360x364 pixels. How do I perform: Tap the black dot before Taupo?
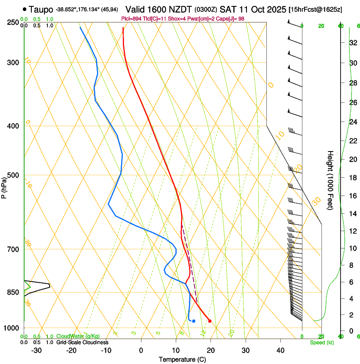tap(25, 8)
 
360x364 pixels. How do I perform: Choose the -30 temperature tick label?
tap(36, 350)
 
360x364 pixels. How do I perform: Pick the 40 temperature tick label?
tap(280, 350)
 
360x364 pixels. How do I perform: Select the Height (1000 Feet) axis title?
tap(330, 180)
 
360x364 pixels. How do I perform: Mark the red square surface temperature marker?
tap(210, 321)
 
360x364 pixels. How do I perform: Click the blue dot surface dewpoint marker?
tap(194, 321)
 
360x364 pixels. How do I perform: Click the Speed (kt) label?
tap(321, 342)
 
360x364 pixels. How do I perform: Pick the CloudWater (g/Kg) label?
tap(78, 336)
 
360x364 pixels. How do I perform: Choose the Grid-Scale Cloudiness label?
tap(82, 342)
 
